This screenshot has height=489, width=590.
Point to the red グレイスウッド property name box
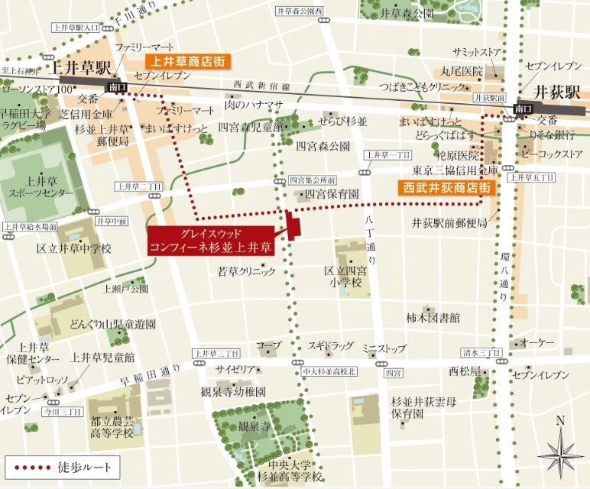(211, 241)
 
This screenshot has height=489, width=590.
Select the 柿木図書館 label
(433, 316)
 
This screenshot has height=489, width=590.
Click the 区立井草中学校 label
(75, 248)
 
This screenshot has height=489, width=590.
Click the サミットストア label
(477, 52)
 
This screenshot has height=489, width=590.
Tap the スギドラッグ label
(331, 346)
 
